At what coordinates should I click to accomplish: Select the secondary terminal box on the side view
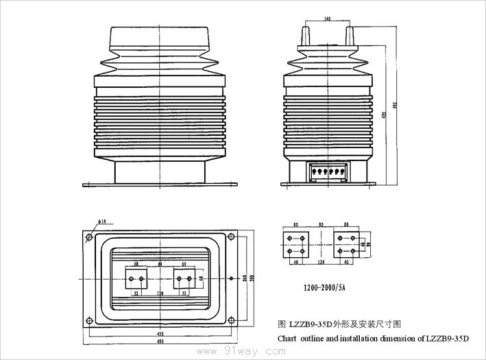(x=328, y=171)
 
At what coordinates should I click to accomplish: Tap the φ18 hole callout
(x=102, y=221)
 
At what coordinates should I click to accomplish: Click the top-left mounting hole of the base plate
(x=88, y=237)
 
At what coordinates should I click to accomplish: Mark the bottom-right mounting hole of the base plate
(x=232, y=320)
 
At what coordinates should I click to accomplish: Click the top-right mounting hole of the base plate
(x=232, y=237)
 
